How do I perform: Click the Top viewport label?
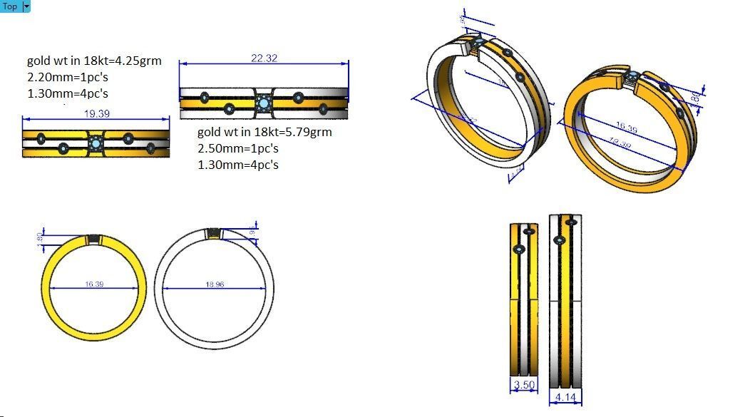(x=10, y=6)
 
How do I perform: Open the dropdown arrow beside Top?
(x=27, y=6)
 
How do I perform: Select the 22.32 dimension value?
(x=264, y=58)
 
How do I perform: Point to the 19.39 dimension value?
(x=96, y=113)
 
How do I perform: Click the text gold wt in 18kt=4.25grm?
(x=94, y=61)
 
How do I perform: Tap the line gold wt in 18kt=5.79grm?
(x=264, y=133)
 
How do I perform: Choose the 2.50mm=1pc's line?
(x=237, y=149)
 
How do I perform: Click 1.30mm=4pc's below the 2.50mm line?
(x=237, y=165)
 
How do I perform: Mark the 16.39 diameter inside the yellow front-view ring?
(x=94, y=284)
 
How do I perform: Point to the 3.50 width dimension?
(x=523, y=386)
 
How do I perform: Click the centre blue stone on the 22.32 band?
(x=264, y=104)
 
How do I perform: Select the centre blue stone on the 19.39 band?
(x=96, y=144)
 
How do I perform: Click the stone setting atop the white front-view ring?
(x=213, y=234)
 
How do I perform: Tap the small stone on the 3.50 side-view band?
(x=518, y=249)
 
